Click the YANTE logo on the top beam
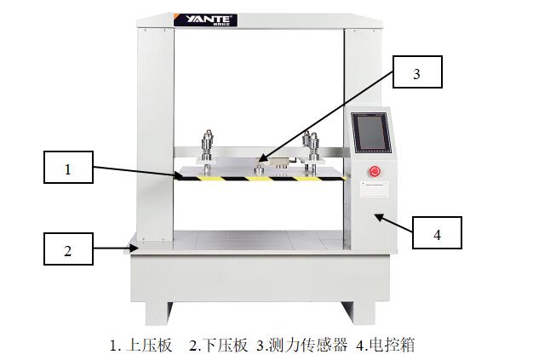[205, 20]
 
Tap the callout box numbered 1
[68, 167]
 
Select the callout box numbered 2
[68, 249]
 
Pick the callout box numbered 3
[417, 72]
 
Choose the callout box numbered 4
[437, 232]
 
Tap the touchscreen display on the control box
[371, 133]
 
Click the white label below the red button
[375, 189]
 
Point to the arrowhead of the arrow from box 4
[378, 216]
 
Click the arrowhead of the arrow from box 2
[135, 249]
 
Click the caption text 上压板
[149, 346]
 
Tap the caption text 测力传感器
[307, 346]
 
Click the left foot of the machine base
[158, 313]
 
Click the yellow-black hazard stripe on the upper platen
[260, 179]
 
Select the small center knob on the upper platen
[259, 169]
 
